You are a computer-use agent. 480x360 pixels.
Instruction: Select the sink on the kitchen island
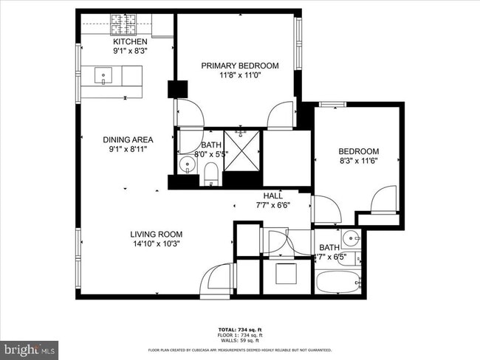103,75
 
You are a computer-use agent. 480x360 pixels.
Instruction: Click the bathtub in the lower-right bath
338,283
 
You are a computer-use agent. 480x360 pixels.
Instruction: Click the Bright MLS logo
30,347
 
